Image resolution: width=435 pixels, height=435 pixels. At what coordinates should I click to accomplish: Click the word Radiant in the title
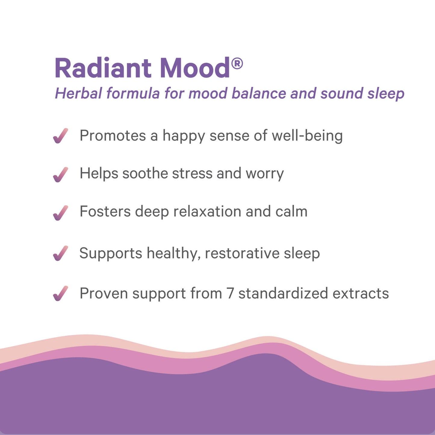pos(103,68)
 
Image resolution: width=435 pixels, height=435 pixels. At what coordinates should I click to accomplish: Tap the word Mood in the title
pos(195,68)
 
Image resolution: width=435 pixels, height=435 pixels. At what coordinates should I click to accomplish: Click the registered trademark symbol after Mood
pos(237,64)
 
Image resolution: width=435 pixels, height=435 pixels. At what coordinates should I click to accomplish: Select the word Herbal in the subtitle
pos(79,93)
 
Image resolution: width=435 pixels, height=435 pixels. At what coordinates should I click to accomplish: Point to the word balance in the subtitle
pos(259,93)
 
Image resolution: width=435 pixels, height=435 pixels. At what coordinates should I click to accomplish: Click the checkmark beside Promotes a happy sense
pos(61,136)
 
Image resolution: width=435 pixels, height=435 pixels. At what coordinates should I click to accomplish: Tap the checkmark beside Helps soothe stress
pos(61,174)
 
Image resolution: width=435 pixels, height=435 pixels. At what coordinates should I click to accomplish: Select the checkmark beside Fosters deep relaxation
pos(61,213)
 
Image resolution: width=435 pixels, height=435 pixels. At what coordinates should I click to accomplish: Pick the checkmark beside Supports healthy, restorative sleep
pos(61,253)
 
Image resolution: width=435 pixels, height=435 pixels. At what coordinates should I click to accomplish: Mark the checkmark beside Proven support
pos(61,293)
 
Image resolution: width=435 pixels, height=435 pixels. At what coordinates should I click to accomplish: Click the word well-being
pos(307,135)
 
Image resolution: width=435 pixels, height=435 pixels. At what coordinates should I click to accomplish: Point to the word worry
pos(265,174)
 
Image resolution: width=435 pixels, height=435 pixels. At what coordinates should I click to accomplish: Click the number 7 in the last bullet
pos(230,294)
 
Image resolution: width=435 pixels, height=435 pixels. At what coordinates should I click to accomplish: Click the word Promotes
pos(113,135)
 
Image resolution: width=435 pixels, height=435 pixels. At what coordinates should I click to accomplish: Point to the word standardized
pos(283,294)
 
